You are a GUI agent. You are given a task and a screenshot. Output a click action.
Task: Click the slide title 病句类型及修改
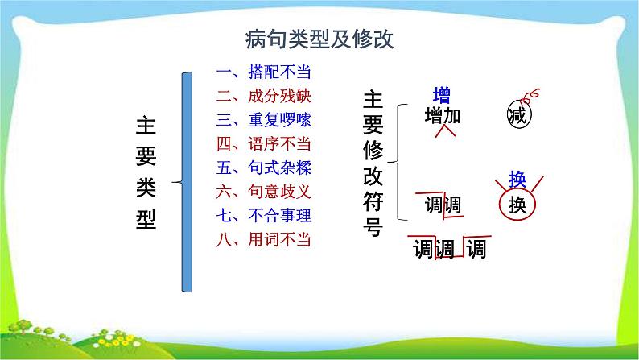click(319, 39)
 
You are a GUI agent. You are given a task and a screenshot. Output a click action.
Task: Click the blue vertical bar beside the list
click(187, 181)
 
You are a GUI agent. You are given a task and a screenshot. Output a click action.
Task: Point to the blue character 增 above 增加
click(442, 94)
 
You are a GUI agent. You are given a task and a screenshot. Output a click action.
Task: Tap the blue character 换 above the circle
click(517, 180)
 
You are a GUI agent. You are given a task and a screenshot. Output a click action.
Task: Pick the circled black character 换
click(517, 205)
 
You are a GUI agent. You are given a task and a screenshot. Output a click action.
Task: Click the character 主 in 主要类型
click(146, 127)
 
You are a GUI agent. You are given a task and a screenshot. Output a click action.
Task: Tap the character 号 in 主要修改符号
click(373, 226)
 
